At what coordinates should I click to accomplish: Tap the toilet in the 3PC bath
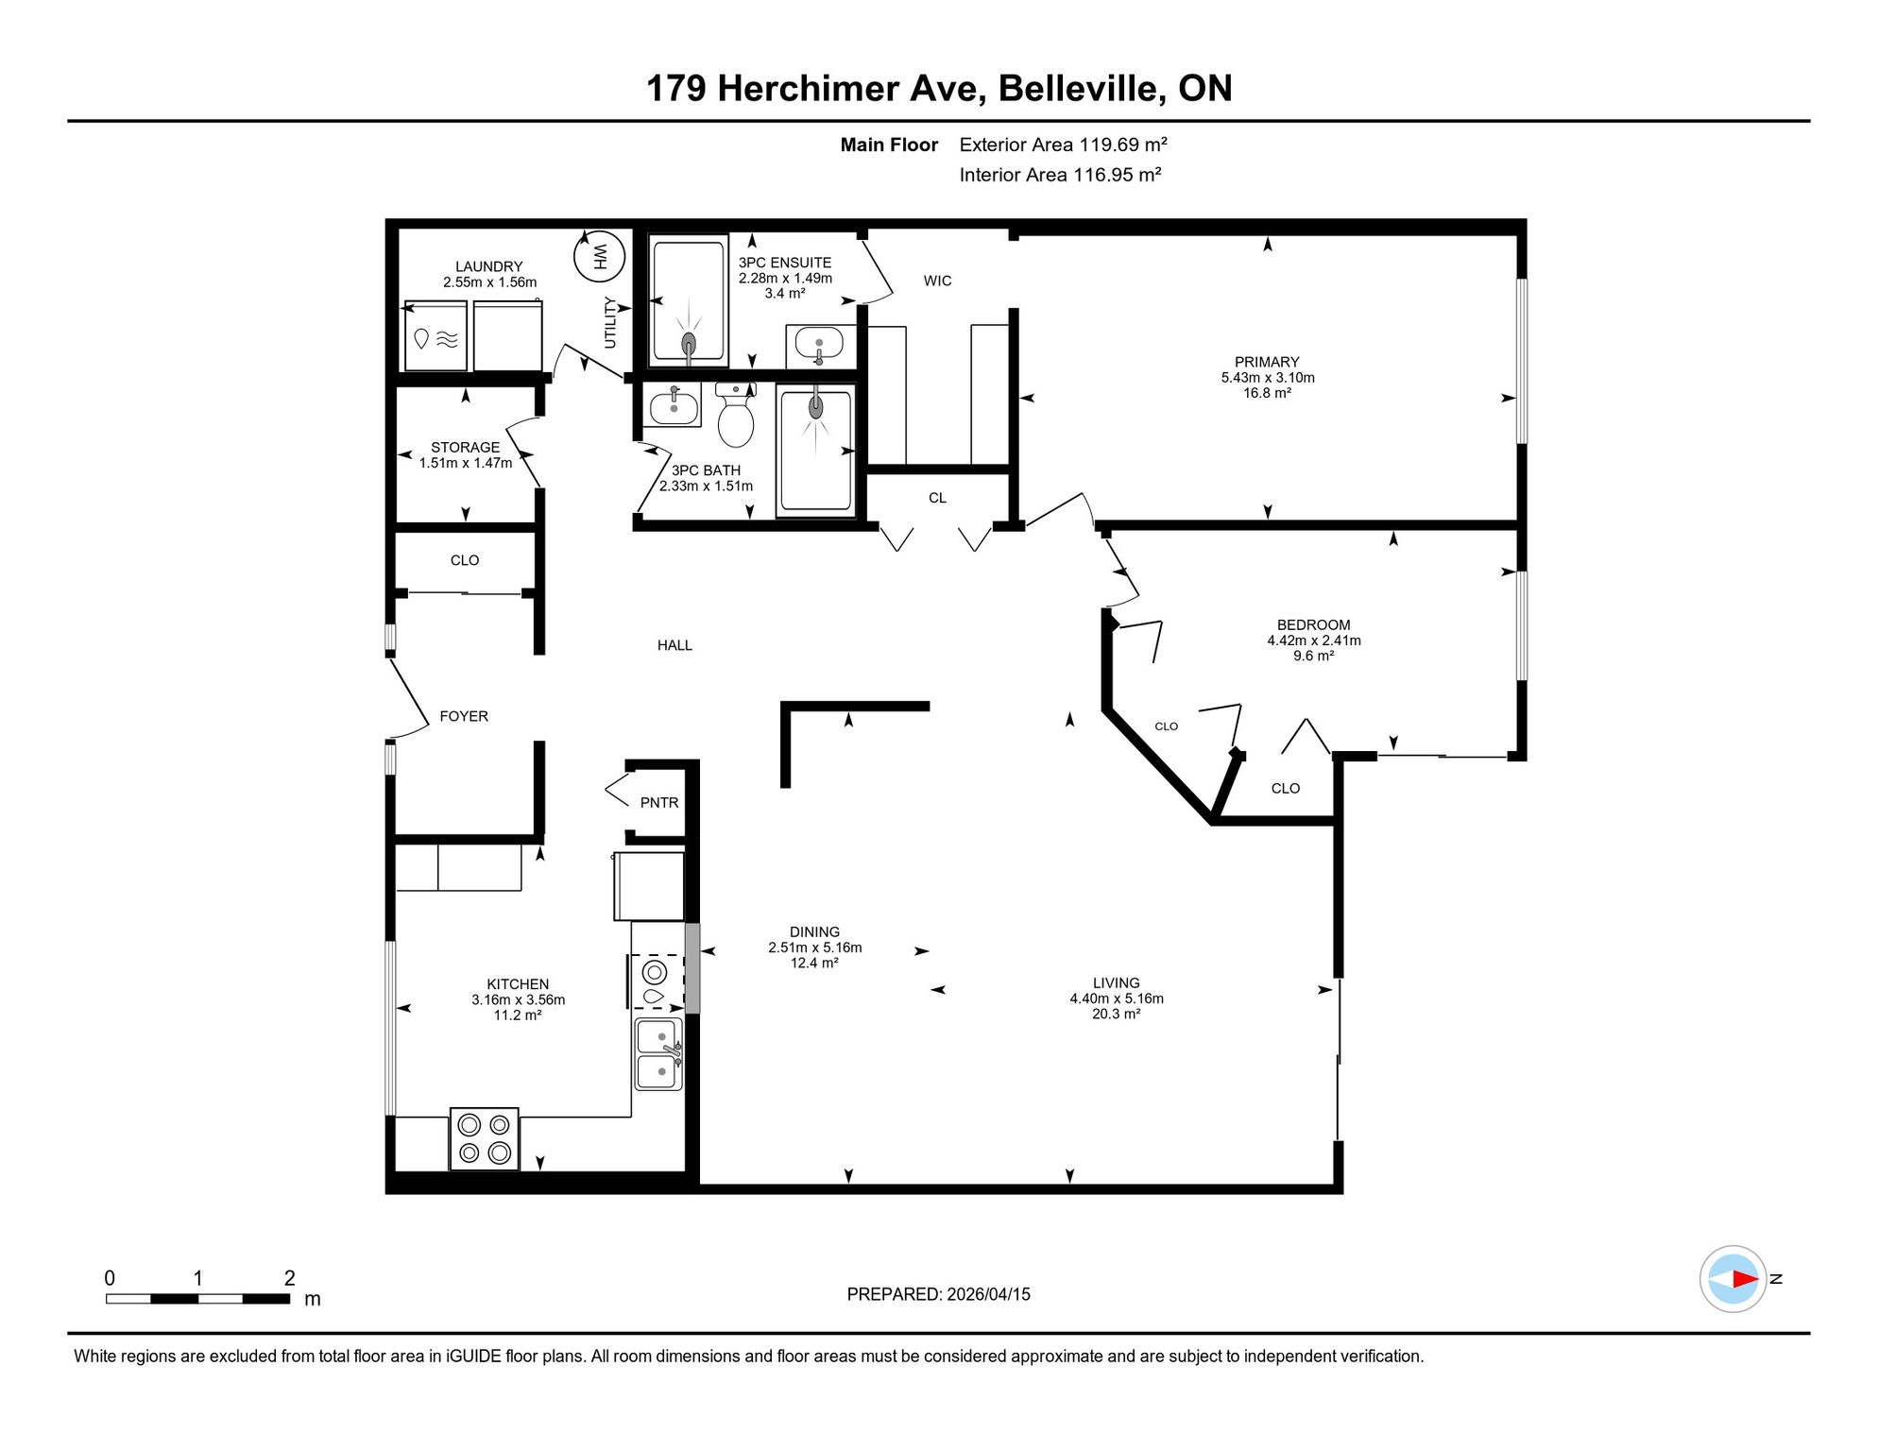[x=736, y=415]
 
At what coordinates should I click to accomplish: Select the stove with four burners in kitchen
[x=485, y=1138]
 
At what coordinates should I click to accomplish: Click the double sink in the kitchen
[x=658, y=1054]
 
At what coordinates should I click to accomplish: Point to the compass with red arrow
[x=1733, y=1279]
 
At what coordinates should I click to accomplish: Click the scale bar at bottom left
[x=198, y=1299]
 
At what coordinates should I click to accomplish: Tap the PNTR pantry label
[x=659, y=803]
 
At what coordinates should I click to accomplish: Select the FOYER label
[x=464, y=716]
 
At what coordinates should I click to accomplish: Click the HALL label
[x=674, y=645]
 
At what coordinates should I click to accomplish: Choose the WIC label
[x=937, y=281]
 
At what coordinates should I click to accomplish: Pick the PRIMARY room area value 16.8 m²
[x=1267, y=393]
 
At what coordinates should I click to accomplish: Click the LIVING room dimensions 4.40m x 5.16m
[x=1117, y=999]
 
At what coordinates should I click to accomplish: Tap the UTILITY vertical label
[x=610, y=323]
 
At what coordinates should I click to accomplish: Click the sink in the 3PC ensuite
[x=819, y=345]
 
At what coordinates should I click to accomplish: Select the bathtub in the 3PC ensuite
[x=689, y=301]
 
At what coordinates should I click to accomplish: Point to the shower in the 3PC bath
[x=815, y=451]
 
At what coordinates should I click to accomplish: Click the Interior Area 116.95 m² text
[x=1060, y=175]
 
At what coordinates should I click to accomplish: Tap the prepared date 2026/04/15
[x=988, y=1294]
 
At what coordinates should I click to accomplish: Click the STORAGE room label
[x=465, y=448]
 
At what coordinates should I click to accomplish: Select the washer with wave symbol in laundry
[x=435, y=336]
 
